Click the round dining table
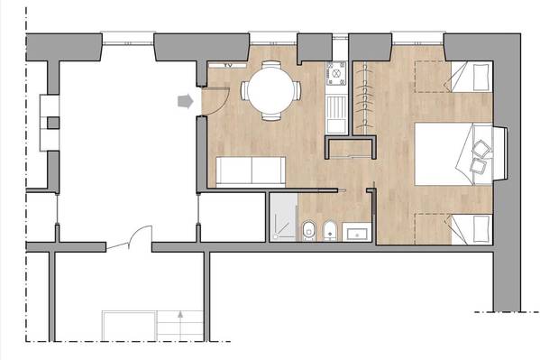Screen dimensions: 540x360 tap(271, 90)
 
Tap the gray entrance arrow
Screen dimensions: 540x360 tap(186, 101)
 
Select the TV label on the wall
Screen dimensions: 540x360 tap(228, 65)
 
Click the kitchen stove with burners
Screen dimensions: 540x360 tap(336, 73)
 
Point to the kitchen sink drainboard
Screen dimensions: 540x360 tap(336, 114)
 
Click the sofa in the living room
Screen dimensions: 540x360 tap(251, 171)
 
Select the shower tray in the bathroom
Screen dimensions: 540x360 tap(283, 217)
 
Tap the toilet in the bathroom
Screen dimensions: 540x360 tap(308, 230)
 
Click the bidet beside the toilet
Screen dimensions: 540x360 tap(330, 231)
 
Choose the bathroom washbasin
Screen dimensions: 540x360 tap(357, 232)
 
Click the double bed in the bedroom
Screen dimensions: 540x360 tap(453, 154)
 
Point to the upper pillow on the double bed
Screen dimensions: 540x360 tap(481, 149)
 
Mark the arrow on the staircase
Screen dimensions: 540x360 tap(180, 325)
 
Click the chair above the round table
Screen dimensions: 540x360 tap(271, 65)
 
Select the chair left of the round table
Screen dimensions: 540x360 tap(244, 90)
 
